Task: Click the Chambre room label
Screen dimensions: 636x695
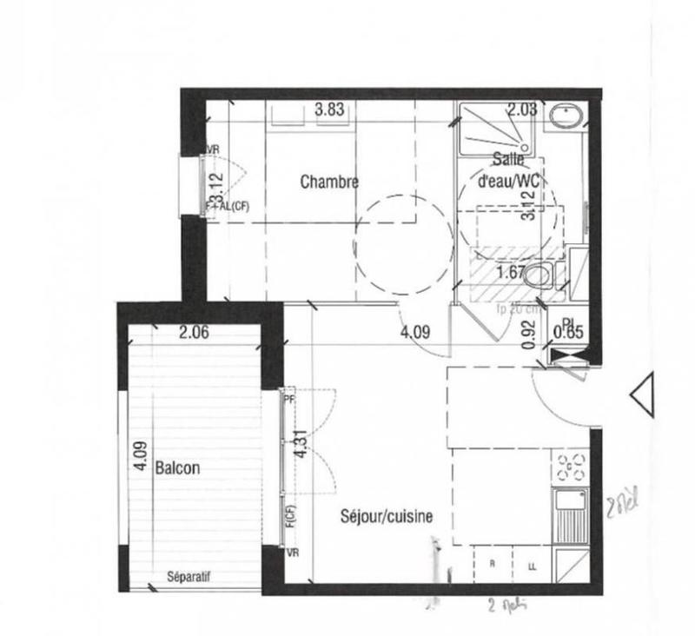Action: pyautogui.click(x=329, y=182)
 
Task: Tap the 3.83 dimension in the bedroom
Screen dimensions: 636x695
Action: pyautogui.click(x=329, y=109)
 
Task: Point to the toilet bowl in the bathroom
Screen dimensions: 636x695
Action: pyautogui.click(x=540, y=275)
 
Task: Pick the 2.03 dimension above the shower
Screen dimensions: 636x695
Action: pyautogui.click(x=522, y=109)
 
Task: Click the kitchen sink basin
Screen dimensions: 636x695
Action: pyautogui.click(x=569, y=513)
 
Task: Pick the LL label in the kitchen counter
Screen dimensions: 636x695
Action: pyautogui.click(x=531, y=566)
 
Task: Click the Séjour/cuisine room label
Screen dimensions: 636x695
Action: pyautogui.click(x=386, y=516)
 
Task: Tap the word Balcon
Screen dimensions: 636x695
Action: pyautogui.click(x=177, y=467)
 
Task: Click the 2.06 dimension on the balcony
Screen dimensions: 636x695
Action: pyautogui.click(x=195, y=331)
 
